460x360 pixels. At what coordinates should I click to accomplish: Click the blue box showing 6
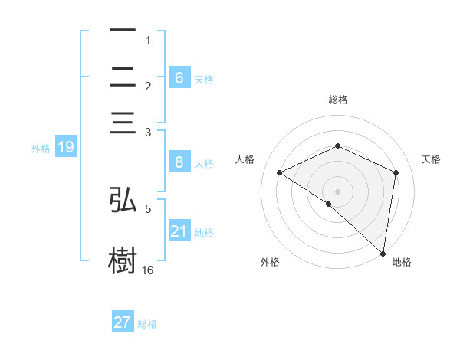click(x=179, y=77)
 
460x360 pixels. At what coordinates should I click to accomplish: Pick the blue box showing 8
click(x=179, y=162)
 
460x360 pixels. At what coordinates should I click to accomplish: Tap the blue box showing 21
click(x=179, y=231)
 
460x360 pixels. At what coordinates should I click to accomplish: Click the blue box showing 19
click(x=65, y=147)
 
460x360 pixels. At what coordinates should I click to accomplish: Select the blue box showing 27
click(x=122, y=322)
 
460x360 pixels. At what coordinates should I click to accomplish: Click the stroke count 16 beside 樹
click(x=148, y=270)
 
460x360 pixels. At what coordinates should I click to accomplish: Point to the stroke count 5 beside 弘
click(x=148, y=208)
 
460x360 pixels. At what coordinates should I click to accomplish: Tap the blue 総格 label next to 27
click(x=147, y=324)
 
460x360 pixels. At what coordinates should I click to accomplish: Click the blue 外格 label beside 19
click(x=41, y=149)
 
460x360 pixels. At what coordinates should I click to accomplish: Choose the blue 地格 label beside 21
click(x=204, y=233)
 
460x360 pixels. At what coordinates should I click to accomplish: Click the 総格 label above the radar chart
click(x=337, y=100)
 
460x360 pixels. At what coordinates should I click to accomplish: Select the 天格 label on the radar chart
click(x=431, y=159)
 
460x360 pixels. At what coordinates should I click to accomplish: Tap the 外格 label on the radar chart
click(x=270, y=262)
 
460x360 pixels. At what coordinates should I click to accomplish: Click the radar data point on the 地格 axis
click(x=383, y=252)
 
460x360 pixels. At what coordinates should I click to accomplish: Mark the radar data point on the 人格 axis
click(x=280, y=172)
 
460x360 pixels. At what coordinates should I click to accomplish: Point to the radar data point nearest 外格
click(x=329, y=204)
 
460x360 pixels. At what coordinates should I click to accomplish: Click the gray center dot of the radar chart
click(x=337, y=191)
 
